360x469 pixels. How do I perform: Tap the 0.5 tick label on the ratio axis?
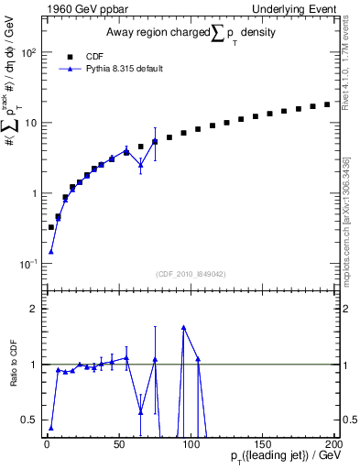click(31, 420)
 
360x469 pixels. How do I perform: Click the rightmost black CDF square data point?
click(327, 104)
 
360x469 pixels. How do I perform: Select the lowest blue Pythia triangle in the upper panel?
click(51, 251)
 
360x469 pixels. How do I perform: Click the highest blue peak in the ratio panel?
click(184, 327)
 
